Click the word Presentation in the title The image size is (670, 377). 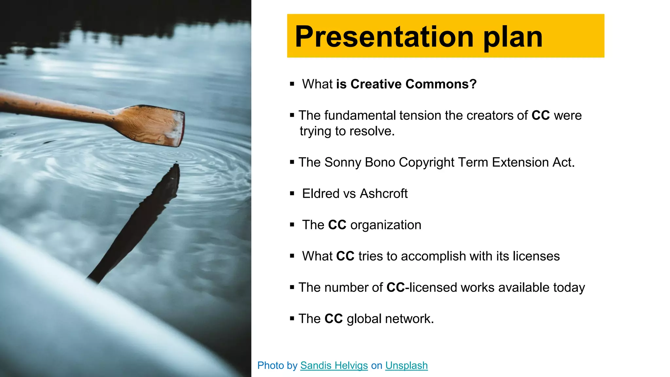tap(384, 37)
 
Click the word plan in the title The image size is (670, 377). tap(513, 37)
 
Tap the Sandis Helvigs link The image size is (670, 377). tap(334, 366)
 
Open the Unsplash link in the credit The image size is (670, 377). tap(406, 366)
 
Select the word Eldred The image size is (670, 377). tap(321, 194)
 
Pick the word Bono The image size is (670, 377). tap(380, 163)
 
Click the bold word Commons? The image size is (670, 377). tap(441, 84)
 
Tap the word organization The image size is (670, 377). tap(386, 225)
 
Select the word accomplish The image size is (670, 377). tap(433, 256)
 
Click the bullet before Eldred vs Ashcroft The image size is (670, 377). tap(292, 194)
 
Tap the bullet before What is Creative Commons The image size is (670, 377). tap(292, 84)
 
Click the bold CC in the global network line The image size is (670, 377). tap(333, 319)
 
